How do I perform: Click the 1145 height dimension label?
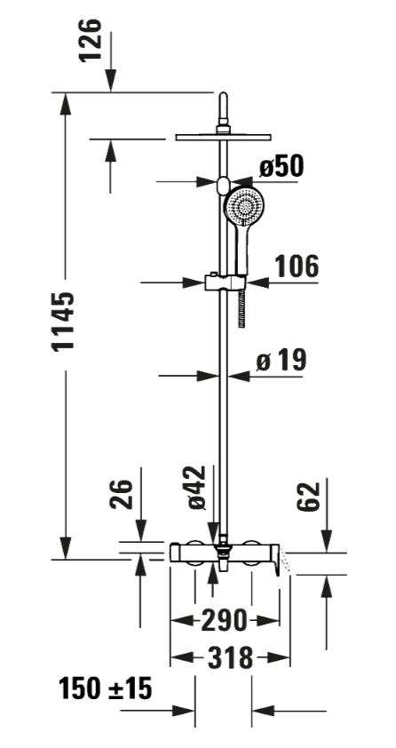64,322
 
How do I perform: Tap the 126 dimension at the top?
90,40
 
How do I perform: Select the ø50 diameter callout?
281,166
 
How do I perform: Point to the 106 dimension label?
297,267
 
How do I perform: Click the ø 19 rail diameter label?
281,360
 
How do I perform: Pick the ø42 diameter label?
196,487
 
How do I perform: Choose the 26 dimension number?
122,494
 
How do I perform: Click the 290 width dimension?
224,620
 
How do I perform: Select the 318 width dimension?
230,658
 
